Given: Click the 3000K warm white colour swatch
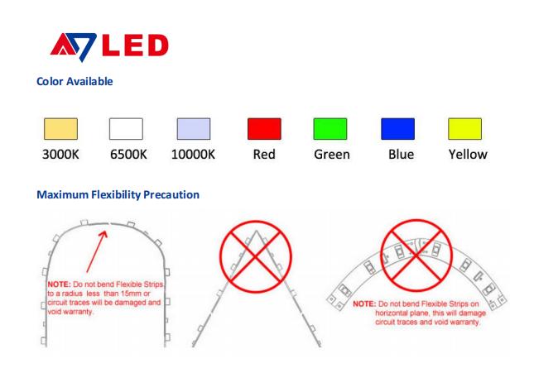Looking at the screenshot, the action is pos(60,129).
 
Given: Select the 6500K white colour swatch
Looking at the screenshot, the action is pos(126,129).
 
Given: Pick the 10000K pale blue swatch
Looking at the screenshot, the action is pos(194,129).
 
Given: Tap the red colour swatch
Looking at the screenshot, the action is pos(264,129).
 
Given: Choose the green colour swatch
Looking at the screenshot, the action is pos(330,129).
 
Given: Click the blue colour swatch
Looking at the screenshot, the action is pos(397,129).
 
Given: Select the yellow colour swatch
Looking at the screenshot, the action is pos(464,129).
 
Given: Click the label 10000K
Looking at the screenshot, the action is pos(193,155).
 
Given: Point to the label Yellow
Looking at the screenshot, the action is pos(468,155).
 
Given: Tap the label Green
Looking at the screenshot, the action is pos(332,155).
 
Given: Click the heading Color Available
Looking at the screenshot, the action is pos(75,81).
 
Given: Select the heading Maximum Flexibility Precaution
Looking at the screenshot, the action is pos(118,194).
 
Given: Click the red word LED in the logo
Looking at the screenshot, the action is pos(135,45).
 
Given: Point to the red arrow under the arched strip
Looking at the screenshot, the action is pos(97,251).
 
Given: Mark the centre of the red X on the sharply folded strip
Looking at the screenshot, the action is pos(256,256).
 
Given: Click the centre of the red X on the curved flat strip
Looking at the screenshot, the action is pos(416,255).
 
